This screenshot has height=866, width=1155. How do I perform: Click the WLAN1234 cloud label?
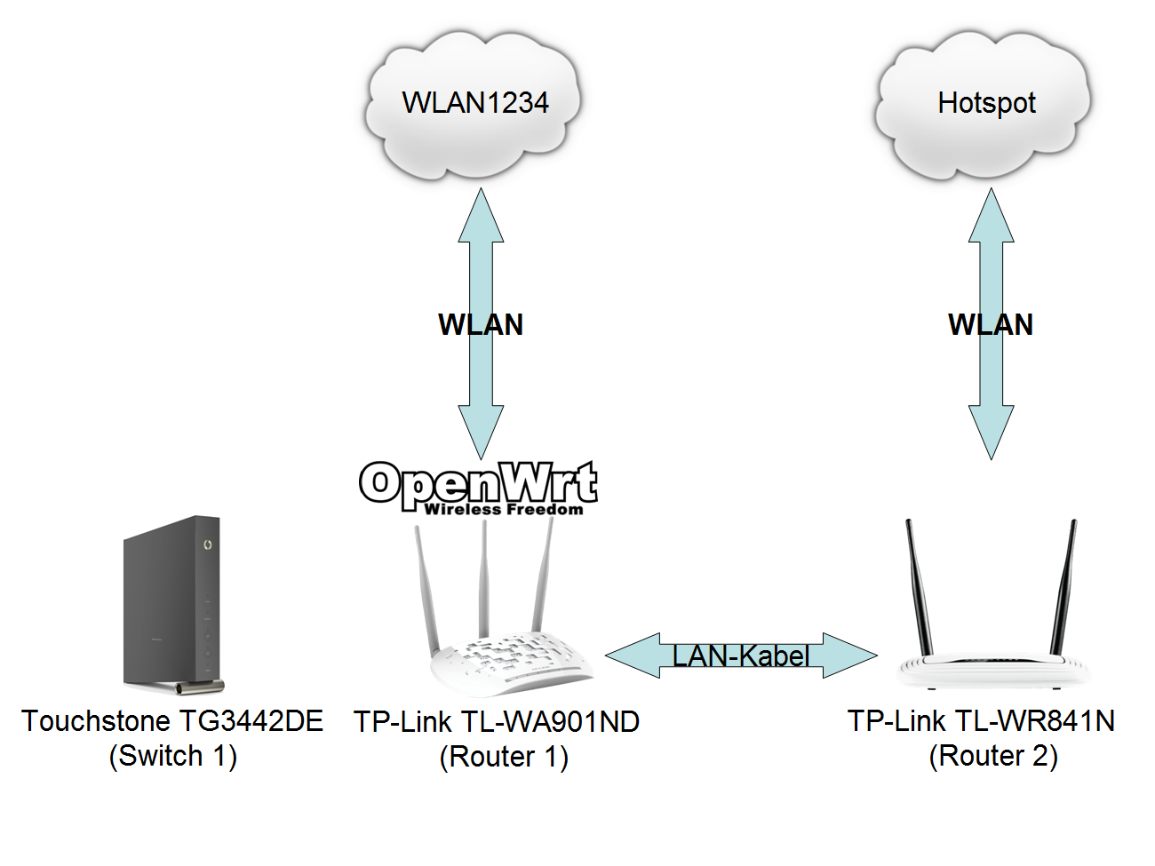point(475,103)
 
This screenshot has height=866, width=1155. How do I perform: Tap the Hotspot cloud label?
point(986,103)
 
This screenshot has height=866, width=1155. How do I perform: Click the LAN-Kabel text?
point(740,656)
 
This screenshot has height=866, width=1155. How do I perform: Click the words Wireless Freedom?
point(504,510)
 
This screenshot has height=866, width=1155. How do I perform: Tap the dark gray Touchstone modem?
point(172,604)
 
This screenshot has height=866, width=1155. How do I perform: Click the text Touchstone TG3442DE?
point(172,721)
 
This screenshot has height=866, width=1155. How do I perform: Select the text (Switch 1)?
point(172,757)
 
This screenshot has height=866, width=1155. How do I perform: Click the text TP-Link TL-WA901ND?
point(497,722)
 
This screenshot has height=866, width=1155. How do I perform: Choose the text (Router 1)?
point(504,758)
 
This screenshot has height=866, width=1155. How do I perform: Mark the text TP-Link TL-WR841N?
point(981,721)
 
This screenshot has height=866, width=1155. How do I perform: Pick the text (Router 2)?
point(993,757)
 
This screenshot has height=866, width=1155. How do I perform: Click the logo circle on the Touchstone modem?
point(207,544)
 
